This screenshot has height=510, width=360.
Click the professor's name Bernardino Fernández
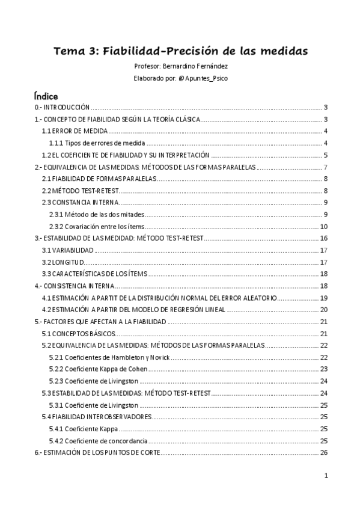tap(197, 66)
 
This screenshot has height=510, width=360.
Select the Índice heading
tap(46, 96)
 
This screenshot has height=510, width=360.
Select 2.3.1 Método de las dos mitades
tap(97, 215)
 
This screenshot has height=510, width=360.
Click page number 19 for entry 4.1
tap(323, 298)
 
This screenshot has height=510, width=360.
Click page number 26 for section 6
tap(323, 452)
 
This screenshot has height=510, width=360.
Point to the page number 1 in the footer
tap(325, 476)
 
